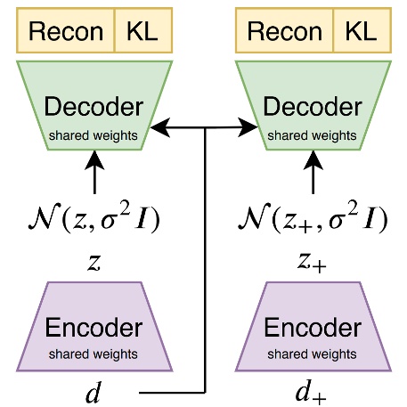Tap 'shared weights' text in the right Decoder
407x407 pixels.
(313, 136)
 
